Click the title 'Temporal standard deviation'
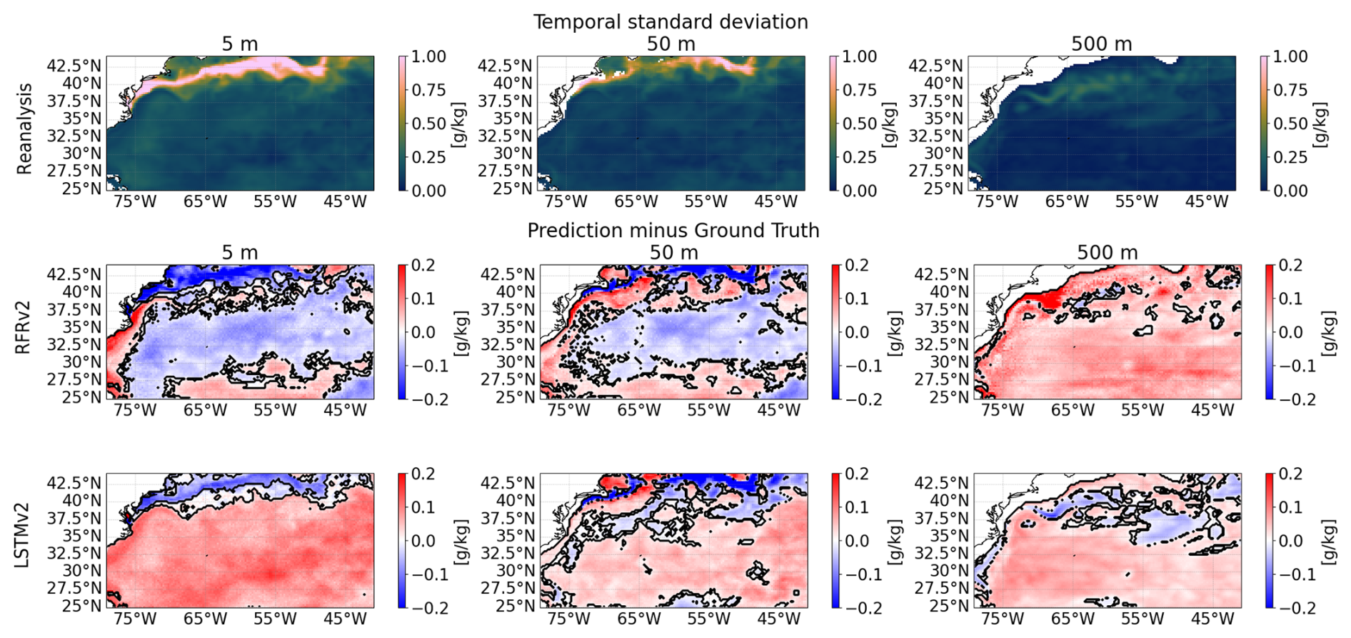[x=671, y=21]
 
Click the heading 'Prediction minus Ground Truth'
[x=673, y=230]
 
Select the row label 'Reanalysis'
[x=25, y=129]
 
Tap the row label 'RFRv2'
[x=24, y=332]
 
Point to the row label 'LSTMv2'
[x=24, y=541]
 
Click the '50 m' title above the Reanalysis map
[x=671, y=44]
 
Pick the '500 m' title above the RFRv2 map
[x=1107, y=252]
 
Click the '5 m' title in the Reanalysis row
[x=239, y=44]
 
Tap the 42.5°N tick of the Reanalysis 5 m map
[x=74, y=65]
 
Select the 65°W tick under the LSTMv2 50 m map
[x=638, y=619]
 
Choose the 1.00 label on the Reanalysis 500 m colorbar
[x=1290, y=56]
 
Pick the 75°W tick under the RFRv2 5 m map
[x=134, y=410]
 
